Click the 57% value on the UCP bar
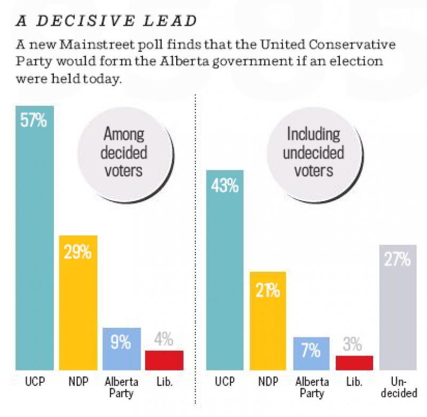coord(34,120)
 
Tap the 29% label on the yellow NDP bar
coord(78,251)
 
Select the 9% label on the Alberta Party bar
coord(121,342)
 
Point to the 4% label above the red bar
coord(164,339)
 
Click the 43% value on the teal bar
coord(225,186)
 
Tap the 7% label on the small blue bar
coord(311,351)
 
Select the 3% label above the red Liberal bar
coord(354,344)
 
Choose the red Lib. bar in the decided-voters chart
coord(164,360)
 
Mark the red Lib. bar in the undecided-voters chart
coord(354,363)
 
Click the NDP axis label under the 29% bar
coord(78,383)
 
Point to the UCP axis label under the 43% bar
coord(225,383)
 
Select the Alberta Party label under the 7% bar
coord(311,388)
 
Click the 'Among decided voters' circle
coord(123,152)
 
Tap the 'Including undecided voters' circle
coord(313,152)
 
